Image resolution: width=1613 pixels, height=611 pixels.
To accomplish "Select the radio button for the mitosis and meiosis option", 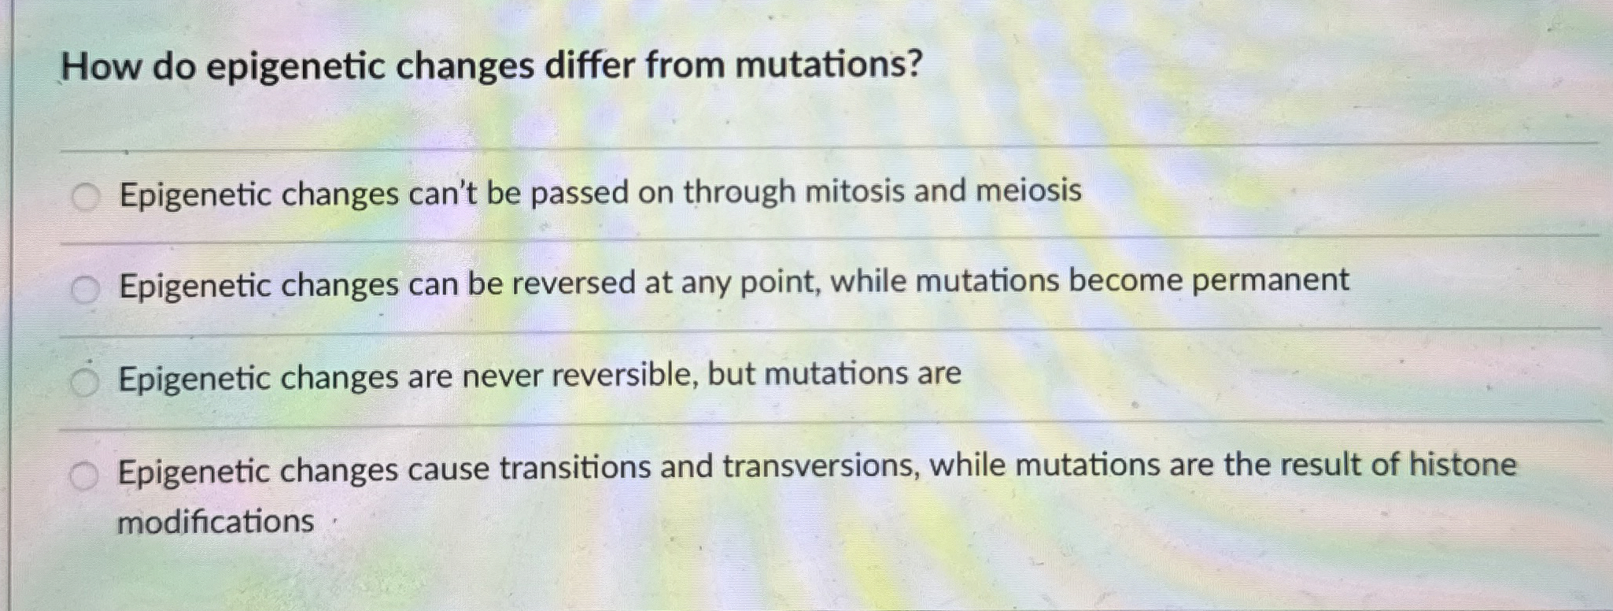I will click(x=86, y=198).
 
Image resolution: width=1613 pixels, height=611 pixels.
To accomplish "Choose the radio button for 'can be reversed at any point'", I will click(x=85, y=291).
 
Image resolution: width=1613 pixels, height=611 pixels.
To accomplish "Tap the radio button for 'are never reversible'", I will click(x=84, y=383).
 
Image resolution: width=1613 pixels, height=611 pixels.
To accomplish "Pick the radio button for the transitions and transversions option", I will click(x=83, y=476).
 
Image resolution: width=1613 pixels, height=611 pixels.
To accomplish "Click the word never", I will click(x=501, y=376).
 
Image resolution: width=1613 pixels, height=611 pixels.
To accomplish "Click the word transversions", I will click(x=821, y=467).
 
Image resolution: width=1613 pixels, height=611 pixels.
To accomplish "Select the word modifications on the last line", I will click(x=216, y=522).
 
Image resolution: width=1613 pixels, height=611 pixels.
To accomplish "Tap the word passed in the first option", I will click(x=580, y=194).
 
